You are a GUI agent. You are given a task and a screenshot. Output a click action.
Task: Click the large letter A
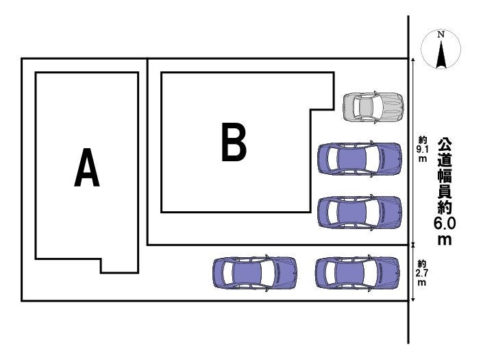pos(87,169)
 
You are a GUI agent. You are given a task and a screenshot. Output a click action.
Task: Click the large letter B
pos(234,142)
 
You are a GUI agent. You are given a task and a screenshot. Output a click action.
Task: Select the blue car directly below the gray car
pos(359,159)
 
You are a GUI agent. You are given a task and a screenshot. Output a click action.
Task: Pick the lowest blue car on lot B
pos(359,212)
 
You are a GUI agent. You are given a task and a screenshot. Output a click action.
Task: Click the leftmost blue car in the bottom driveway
pos(255,272)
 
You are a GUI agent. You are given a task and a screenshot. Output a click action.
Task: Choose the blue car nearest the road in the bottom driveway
pos(357,272)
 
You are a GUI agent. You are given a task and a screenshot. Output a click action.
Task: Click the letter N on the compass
pos(442,34)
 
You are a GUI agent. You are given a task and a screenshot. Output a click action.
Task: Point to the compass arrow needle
pos(442,53)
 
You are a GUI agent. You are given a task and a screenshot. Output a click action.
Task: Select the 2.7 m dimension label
pos(422,272)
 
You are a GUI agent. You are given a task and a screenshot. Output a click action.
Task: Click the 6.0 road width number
pos(445,224)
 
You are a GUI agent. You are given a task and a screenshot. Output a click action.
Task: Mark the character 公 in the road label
pos(445,145)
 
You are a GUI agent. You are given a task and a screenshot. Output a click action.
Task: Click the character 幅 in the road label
pos(445,176)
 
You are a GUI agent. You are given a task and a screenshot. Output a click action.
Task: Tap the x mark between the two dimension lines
pos(413,244)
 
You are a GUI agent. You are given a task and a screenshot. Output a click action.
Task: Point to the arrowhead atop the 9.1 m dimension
pos(413,62)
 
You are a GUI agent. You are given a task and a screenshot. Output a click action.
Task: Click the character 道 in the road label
pos(445,160)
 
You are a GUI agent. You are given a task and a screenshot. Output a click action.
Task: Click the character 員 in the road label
pos(445,192)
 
